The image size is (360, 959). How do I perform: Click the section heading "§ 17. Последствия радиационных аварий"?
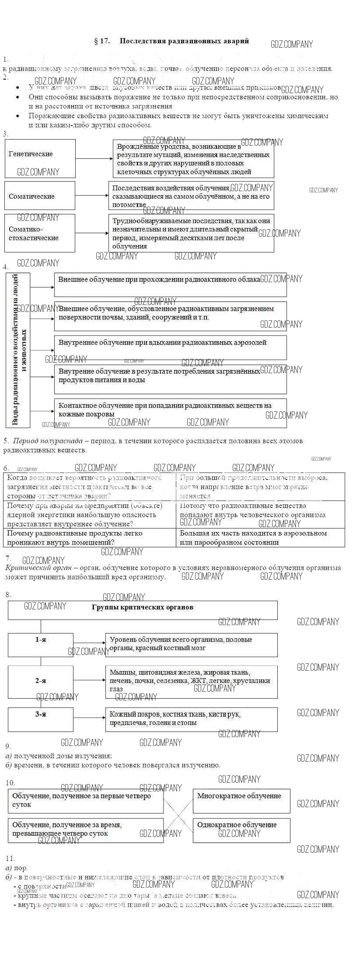tap(171, 41)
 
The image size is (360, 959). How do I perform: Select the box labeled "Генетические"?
tap(40, 158)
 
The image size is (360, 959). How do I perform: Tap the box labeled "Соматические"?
tap(40, 196)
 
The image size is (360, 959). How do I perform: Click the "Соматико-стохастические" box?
tap(40, 233)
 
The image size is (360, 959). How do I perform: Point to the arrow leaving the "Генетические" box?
tap(94, 158)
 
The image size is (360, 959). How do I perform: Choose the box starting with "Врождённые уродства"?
tap(193, 159)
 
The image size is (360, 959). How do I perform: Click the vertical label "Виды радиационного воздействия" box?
tap(18, 350)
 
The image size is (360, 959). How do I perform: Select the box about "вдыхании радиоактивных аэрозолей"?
tap(170, 347)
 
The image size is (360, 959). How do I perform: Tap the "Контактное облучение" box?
tap(170, 412)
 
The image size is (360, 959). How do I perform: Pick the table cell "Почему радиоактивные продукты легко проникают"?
tap(89, 538)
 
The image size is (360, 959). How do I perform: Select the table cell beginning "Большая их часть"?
tap(260, 538)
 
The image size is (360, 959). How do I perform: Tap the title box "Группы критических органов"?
tap(143, 610)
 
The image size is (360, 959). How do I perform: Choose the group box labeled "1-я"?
tap(41, 645)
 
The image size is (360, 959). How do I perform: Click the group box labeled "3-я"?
tap(41, 720)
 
